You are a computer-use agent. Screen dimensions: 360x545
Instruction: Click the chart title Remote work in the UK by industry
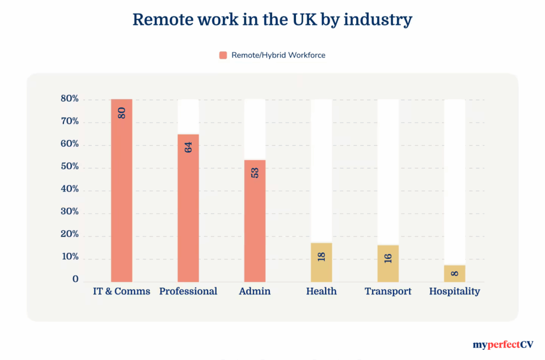[272, 20]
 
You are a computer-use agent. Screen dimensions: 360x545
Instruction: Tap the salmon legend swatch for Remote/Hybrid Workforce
[223, 55]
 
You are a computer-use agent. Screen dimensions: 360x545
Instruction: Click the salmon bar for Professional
[188, 208]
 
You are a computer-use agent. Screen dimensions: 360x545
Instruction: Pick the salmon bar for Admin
[254, 220]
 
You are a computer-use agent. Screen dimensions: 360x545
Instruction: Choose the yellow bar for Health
[321, 262]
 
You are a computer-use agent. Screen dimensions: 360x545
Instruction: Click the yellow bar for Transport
[388, 263]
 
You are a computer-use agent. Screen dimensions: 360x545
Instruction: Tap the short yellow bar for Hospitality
[455, 273]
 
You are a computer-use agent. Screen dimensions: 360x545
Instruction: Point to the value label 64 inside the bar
[188, 147]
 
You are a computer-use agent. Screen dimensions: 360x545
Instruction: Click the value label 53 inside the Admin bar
[255, 172]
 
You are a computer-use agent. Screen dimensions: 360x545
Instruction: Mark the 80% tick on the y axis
[69, 99]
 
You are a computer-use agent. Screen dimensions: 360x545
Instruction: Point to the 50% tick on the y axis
[69, 167]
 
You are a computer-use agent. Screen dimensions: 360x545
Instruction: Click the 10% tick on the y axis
[69, 257]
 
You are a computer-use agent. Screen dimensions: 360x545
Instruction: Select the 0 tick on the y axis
[76, 279]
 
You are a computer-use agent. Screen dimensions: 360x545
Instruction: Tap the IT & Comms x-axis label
[121, 291]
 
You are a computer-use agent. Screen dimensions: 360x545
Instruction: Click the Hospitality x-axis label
[455, 291]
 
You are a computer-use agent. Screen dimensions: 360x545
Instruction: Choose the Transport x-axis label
[388, 291]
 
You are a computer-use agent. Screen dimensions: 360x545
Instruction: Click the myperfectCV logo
[503, 345]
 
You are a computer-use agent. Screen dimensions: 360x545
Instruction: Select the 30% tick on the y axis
[69, 212]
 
